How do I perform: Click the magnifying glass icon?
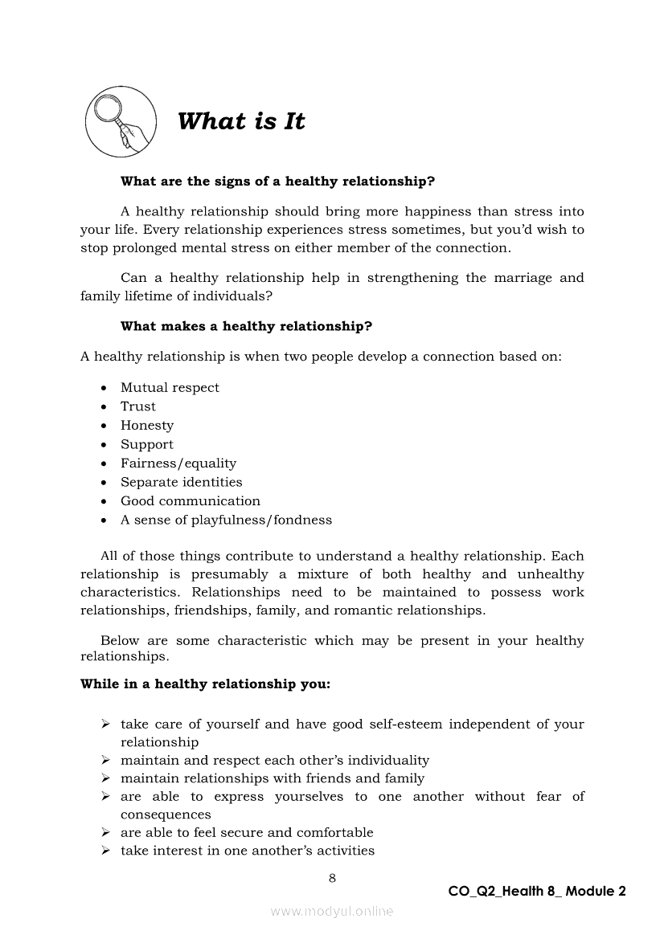[x=121, y=121]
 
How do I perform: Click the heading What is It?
[x=241, y=122]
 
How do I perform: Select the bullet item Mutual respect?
[x=170, y=388]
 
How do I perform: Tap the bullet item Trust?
[x=138, y=406]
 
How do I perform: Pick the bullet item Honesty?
[x=147, y=426]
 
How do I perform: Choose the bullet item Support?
[x=147, y=444]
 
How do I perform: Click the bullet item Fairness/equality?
[x=178, y=463]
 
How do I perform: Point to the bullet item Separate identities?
[x=182, y=482]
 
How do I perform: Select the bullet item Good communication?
[x=191, y=501]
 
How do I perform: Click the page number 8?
[x=332, y=878]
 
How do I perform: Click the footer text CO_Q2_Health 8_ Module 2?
[x=537, y=892]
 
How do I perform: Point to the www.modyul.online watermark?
[x=332, y=911]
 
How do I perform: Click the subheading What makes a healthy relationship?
[x=246, y=326]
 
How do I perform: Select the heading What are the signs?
[x=277, y=182]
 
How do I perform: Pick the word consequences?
[x=166, y=814]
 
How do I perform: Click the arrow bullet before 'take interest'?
[x=105, y=851]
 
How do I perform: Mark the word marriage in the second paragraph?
[x=523, y=278]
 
